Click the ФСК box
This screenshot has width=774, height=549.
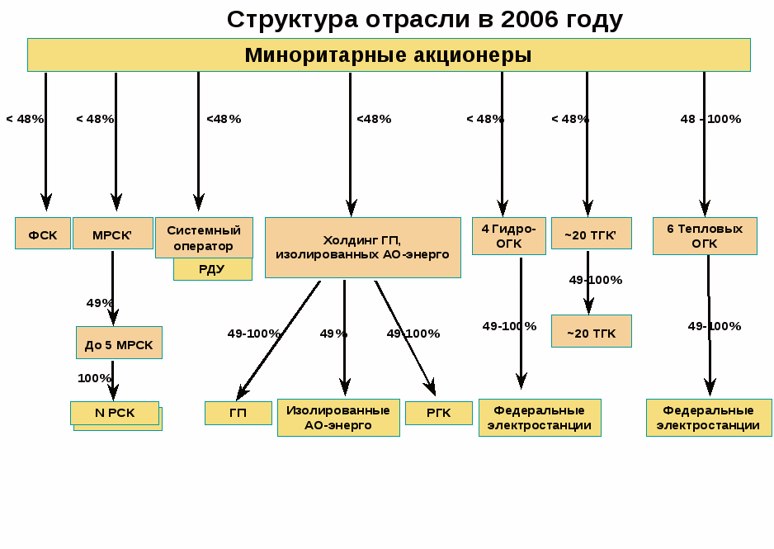tap(43, 234)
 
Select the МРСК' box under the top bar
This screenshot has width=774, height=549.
tap(112, 234)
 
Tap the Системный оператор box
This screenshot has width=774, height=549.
tap(204, 237)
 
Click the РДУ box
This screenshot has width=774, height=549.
tap(212, 270)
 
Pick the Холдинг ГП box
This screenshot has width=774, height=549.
tap(362, 247)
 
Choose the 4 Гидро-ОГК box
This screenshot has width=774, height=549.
tap(508, 235)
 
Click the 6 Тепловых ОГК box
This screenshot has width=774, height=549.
tap(705, 235)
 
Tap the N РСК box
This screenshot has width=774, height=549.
tap(114, 413)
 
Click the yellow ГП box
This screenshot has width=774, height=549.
tap(238, 413)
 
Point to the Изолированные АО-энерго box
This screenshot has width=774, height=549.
tap(338, 417)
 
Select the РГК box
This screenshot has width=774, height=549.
tap(438, 413)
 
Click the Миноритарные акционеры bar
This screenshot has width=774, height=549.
tap(389, 55)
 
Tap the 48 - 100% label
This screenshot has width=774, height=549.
tap(710, 119)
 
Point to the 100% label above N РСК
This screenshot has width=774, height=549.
tap(94, 378)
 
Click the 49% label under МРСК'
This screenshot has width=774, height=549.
tap(100, 303)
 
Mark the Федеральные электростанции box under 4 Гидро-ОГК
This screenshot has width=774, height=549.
tap(540, 417)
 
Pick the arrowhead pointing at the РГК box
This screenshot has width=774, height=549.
tap(431, 389)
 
